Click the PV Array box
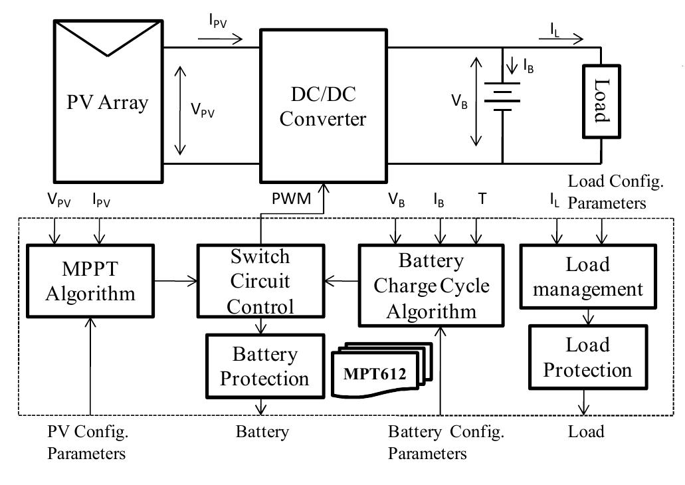[107, 104]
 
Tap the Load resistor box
[601, 102]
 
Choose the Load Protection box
[587, 357]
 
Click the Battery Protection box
[264, 365]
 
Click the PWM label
[291, 199]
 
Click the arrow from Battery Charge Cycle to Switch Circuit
[340, 280]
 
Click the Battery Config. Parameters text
[445, 442]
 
